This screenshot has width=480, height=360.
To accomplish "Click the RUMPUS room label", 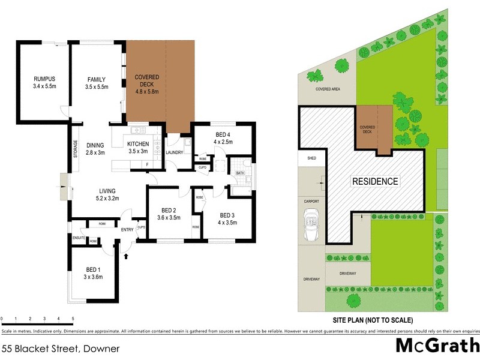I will pyautogui.click(x=44, y=79).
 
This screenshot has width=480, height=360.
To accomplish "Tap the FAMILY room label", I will pyautogui.click(x=96, y=79).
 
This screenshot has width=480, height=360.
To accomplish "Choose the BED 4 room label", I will pyautogui.click(x=223, y=133).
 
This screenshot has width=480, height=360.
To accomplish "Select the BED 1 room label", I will pyautogui.click(x=93, y=269).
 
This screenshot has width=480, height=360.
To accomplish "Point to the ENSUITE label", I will pyautogui.click(x=78, y=238).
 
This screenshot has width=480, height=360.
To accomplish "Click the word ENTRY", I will pyautogui.click(x=127, y=230).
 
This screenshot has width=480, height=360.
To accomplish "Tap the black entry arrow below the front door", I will pyautogui.click(x=126, y=256).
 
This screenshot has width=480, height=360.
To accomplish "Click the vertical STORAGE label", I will pyautogui.click(x=75, y=148).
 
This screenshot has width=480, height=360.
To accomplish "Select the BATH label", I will pyautogui.click(x=240, y=173).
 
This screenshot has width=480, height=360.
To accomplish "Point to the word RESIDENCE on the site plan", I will pyautogui.click(x=374, y=181).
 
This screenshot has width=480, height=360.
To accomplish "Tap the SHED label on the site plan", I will pyautogui.click(x=311, y=159).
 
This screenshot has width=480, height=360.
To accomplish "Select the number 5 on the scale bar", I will pyautogui.click(x=73, y=319).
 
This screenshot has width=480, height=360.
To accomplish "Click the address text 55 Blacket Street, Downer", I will pyautogui.click(x=61, y=348).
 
